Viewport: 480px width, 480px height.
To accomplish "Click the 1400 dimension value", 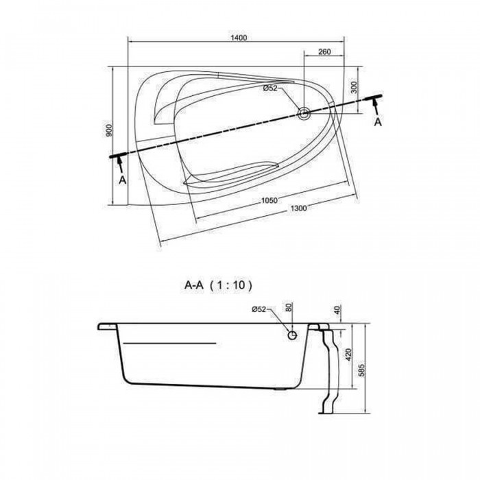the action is (239, 38).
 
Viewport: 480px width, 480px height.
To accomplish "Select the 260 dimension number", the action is (324, 51).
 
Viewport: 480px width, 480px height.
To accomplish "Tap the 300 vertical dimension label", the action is (355, 88).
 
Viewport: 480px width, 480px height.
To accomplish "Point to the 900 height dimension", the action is (109, 131).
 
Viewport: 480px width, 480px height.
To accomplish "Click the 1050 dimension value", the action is (269, 200).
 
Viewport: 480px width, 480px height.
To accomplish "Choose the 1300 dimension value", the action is (298, 208).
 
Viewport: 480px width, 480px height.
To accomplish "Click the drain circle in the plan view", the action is (304, 113).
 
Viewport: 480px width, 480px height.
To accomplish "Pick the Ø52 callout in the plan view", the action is (270, 88).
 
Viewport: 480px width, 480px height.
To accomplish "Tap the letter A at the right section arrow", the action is (378, 122).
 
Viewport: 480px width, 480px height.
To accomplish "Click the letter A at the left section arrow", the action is (123, 180).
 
